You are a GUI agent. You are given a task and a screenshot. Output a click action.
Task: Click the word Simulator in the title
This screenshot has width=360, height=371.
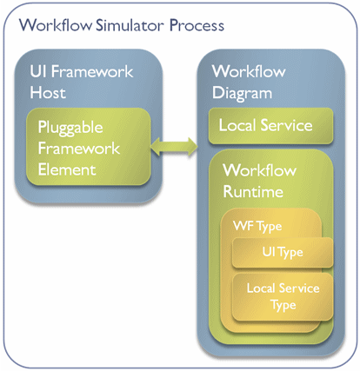click(x=130, y=25)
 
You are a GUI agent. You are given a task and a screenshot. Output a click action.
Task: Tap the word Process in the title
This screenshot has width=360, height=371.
click(x=197, y=25)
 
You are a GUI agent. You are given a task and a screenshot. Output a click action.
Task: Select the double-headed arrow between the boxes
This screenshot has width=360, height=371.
click(x=174, y=147)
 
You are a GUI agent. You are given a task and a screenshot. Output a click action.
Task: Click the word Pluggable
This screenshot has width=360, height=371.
click(x=70, y=128)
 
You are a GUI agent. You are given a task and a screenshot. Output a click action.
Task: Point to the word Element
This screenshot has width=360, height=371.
click(x=67, y=169)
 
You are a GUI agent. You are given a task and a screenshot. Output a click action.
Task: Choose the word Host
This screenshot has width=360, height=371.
click(x=48, y=93)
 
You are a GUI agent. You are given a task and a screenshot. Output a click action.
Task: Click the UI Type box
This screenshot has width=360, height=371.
click(x=283, y=253)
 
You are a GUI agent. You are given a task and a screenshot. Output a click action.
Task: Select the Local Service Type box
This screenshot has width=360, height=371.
click(x=283, y=297)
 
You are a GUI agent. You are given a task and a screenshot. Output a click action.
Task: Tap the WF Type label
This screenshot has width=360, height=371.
click(x=257, y=227)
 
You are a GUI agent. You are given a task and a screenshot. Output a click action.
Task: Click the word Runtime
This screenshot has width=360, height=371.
click(x=253, y=192)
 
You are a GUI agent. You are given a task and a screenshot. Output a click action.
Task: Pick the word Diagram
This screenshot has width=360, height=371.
click(x=242, y=94)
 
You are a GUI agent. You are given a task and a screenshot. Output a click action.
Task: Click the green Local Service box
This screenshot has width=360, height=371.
click(x=270, y=126)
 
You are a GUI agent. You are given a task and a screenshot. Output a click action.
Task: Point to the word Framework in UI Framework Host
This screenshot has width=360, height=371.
click(x=92, y=71)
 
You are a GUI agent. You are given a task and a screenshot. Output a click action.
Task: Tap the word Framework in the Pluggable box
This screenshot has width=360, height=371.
click(x=79, y=149)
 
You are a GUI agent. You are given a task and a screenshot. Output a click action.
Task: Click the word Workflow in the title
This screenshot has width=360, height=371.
click(x=56, y=25)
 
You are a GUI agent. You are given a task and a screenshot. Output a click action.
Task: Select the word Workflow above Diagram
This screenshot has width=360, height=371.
click(x=249, y=71)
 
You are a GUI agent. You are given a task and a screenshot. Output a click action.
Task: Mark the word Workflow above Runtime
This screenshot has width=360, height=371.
click(x=260, y=170)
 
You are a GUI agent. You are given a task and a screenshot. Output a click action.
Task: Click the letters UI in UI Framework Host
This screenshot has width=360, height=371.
click(x=38, y=71)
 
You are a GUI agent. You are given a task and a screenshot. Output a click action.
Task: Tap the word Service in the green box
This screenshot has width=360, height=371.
click(x=286, y=125)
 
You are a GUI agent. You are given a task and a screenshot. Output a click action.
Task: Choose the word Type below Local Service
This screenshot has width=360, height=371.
click(x=283, y=306)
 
